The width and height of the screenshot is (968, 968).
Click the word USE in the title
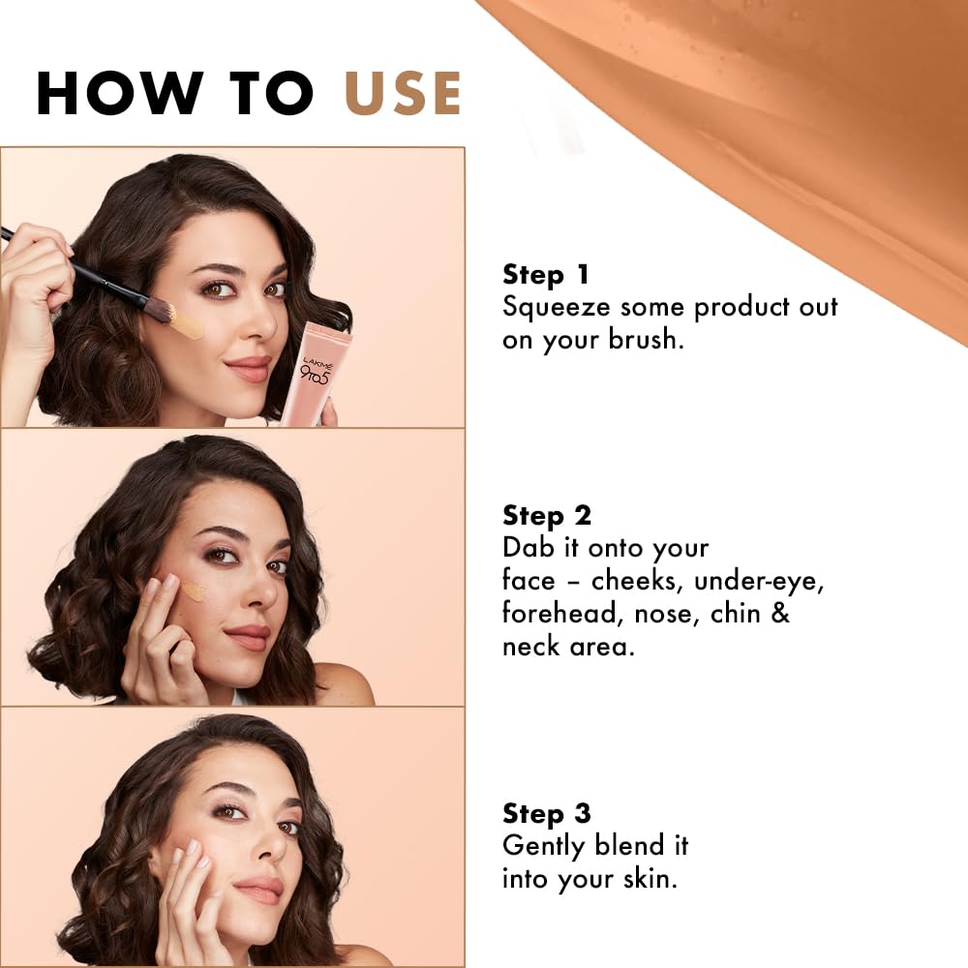(403, 94)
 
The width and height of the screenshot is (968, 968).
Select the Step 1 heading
(546, 275)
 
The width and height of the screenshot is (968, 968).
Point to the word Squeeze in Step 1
(557, 308)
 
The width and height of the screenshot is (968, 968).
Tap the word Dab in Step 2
(529, 548)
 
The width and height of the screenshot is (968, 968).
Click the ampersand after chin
(779, 614)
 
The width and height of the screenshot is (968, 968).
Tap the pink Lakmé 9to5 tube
(313, 373)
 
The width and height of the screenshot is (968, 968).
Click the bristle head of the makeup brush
(159, 309)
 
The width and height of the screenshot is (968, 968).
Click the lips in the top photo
(248, 368)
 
